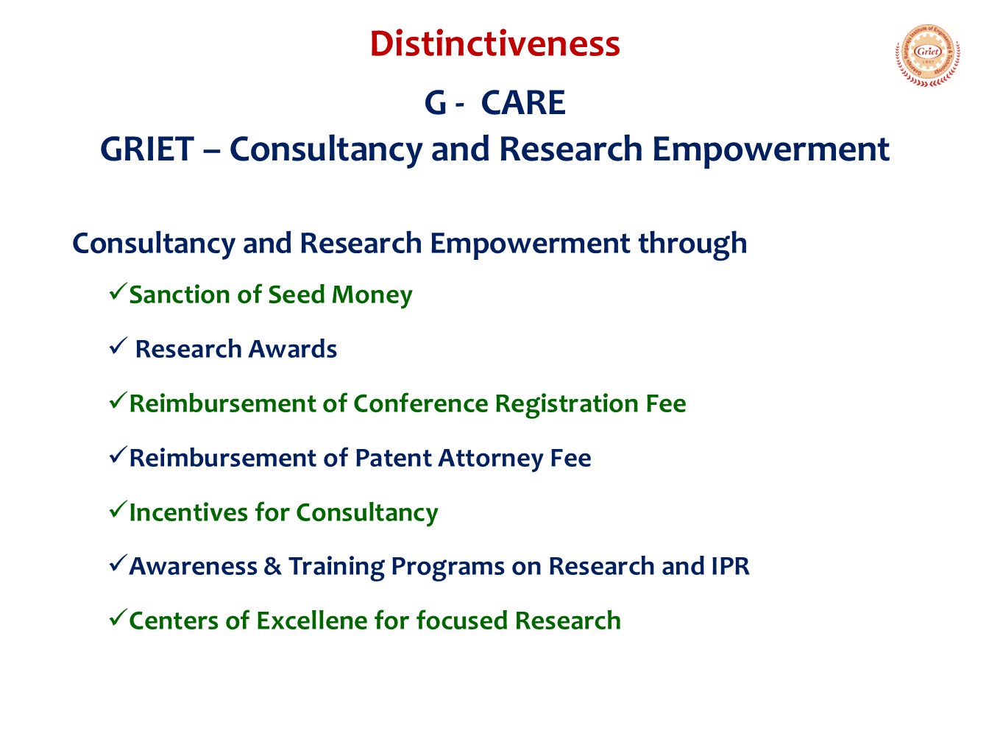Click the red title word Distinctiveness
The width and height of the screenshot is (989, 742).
click(494, 44)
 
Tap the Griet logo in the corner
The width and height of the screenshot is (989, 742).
click(927, 55)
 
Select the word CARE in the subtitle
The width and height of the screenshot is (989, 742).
click(522, 103)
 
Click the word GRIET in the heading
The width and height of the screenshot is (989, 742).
click(147, 149)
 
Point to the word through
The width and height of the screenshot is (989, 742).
click(692, 244)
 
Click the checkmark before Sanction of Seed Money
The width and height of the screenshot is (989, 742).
click(118, 291)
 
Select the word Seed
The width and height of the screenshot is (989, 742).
click(297, 294)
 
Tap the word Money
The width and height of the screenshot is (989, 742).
click(372, 296)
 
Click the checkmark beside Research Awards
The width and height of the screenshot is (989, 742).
click(118, 346)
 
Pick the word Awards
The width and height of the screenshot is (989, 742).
click(293, 349)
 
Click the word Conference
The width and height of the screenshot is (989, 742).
click(420, 403)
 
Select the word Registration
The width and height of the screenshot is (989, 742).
click(566, 405)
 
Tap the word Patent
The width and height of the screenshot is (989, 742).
click(394, 458)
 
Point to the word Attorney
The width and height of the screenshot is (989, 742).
click(491, 459)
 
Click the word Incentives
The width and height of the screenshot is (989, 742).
click(188, 512)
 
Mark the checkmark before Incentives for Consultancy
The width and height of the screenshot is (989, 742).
click(118, 509)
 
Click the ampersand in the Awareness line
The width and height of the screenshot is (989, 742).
click(272, 566)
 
